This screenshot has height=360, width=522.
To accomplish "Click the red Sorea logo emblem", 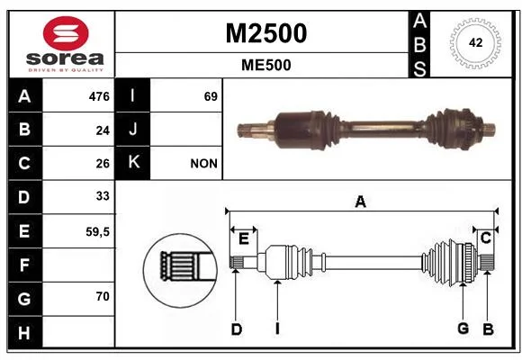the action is [66, 33].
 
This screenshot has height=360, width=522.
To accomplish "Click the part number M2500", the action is [266, 33].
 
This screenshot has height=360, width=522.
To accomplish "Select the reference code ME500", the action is [266, 65].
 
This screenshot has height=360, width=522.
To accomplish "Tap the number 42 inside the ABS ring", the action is [475, 42].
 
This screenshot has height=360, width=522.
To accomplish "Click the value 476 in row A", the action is [99, 96].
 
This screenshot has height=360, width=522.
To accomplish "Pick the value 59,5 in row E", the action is [97, 231].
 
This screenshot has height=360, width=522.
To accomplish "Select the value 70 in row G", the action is [103, 296].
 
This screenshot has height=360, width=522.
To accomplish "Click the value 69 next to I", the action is [211, 96].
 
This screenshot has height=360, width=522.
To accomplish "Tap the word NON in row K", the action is [203, 164].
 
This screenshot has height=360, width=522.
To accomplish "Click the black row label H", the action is [25, 332].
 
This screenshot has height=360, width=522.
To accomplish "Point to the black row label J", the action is [133, 130].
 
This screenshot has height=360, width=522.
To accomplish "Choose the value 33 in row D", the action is [103, 196].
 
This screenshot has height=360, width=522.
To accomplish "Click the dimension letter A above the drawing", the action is [361, 202].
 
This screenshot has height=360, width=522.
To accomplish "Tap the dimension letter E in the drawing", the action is [244, 238].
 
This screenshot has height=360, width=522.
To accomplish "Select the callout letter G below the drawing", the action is [463, 328].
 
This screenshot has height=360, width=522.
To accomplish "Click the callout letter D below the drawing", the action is [237, 329].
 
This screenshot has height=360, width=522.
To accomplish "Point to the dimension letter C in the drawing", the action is [486, 238].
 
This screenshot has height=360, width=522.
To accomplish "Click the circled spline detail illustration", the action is [180, 270].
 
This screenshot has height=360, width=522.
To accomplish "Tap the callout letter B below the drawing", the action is [488, 328].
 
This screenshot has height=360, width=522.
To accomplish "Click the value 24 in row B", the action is [103, 130].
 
